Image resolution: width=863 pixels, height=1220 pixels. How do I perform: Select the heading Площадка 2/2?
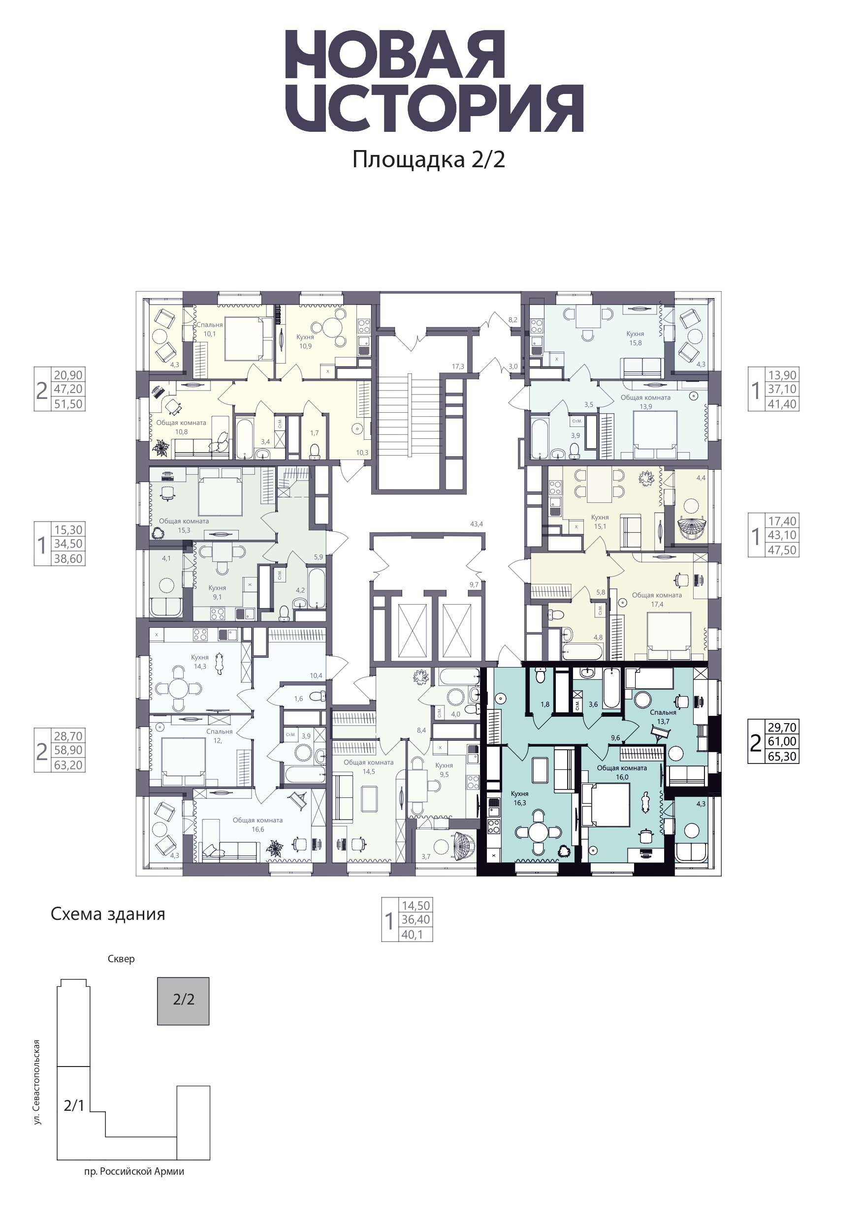[x=429, y=159]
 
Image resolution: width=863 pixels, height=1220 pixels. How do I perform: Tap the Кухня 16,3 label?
[x=519, y=798]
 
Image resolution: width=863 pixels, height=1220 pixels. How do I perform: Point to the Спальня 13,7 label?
[x=663, y=717]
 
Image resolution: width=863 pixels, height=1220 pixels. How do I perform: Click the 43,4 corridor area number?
[x=477, y=524]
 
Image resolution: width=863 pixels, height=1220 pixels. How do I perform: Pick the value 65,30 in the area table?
[x=782, y=757]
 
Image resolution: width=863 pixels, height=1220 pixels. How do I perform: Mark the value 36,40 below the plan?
[x=416, y=920]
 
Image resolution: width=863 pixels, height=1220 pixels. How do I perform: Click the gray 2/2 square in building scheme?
[x=184, y=1001]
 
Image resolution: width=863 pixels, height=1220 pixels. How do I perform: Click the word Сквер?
[x=121, y=959]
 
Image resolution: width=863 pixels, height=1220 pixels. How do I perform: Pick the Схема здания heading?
[x=108, y=914]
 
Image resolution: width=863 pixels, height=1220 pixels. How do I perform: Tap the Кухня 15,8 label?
[x=636, y=338]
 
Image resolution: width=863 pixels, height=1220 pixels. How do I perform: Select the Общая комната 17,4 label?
[x=657, y=599]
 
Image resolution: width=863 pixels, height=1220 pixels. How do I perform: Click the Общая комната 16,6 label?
[x=258, y=824]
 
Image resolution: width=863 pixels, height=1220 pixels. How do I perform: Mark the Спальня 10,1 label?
[x=210, y=330]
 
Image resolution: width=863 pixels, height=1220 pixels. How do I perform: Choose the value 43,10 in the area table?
[x=782, y=535]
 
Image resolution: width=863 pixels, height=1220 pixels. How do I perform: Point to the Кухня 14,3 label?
[x=200, y=662]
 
